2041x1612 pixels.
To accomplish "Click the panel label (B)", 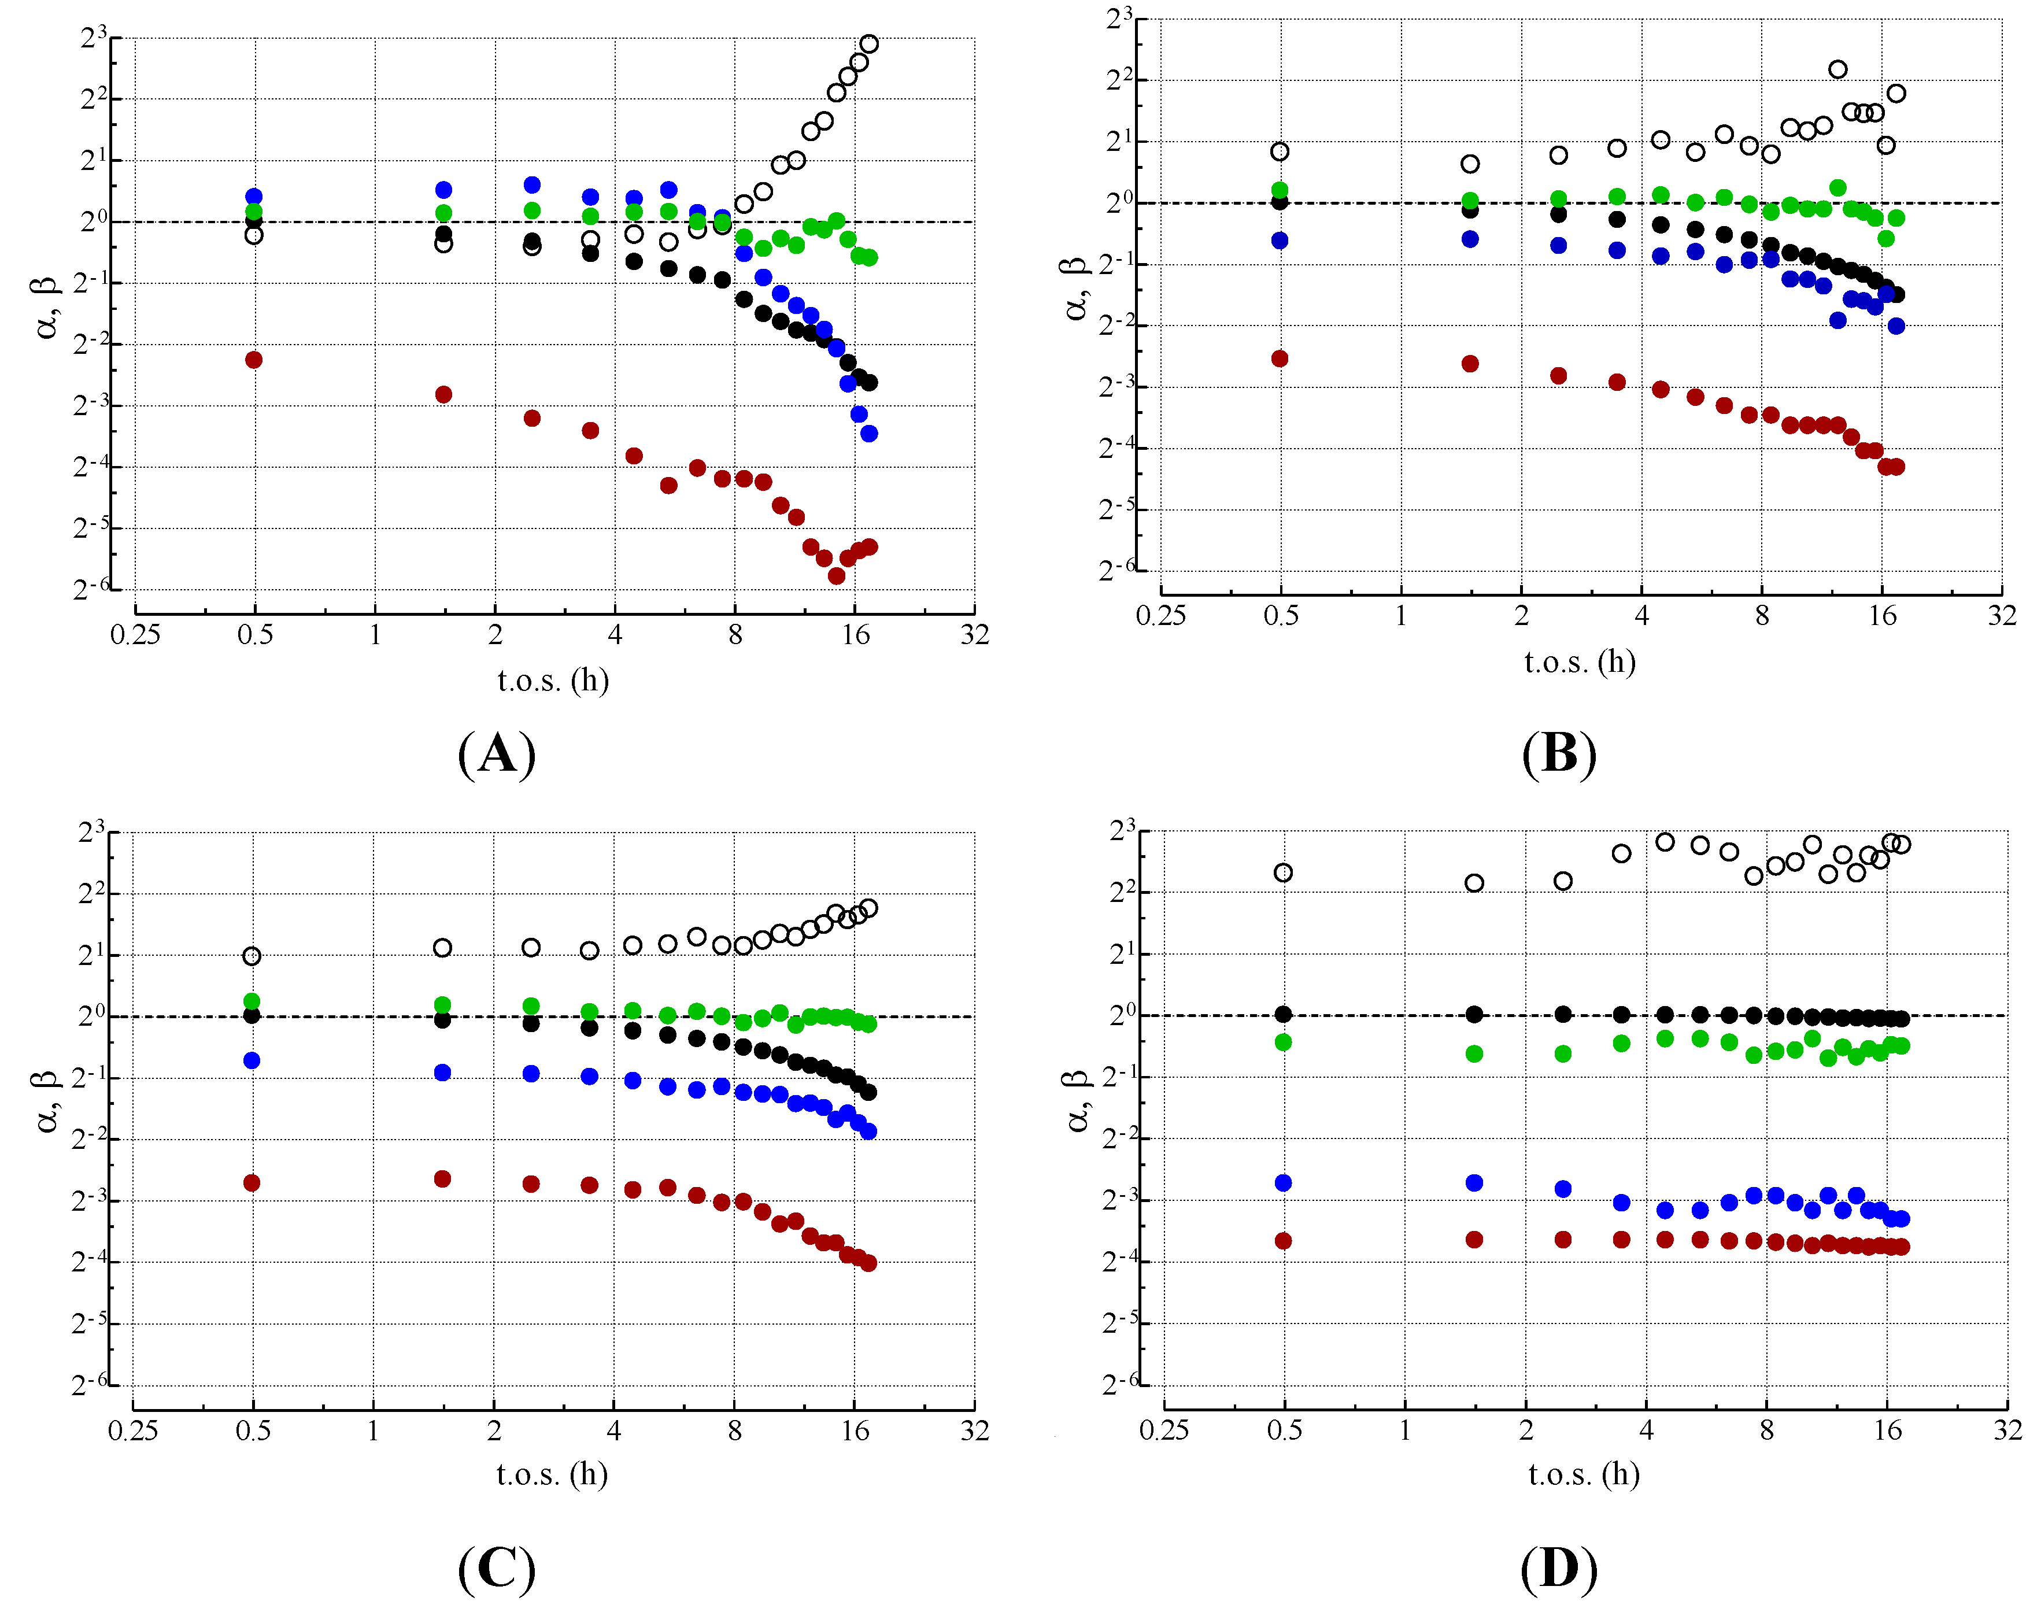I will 1559,754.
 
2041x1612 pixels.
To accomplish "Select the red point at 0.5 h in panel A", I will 254,360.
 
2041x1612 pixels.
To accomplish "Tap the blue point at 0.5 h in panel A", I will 254,197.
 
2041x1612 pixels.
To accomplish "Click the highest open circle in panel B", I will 1837,69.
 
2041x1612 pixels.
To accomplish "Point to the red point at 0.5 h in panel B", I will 1280,358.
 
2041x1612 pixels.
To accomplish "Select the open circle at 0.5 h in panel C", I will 252,956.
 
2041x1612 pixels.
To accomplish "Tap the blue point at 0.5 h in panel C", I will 252,1061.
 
